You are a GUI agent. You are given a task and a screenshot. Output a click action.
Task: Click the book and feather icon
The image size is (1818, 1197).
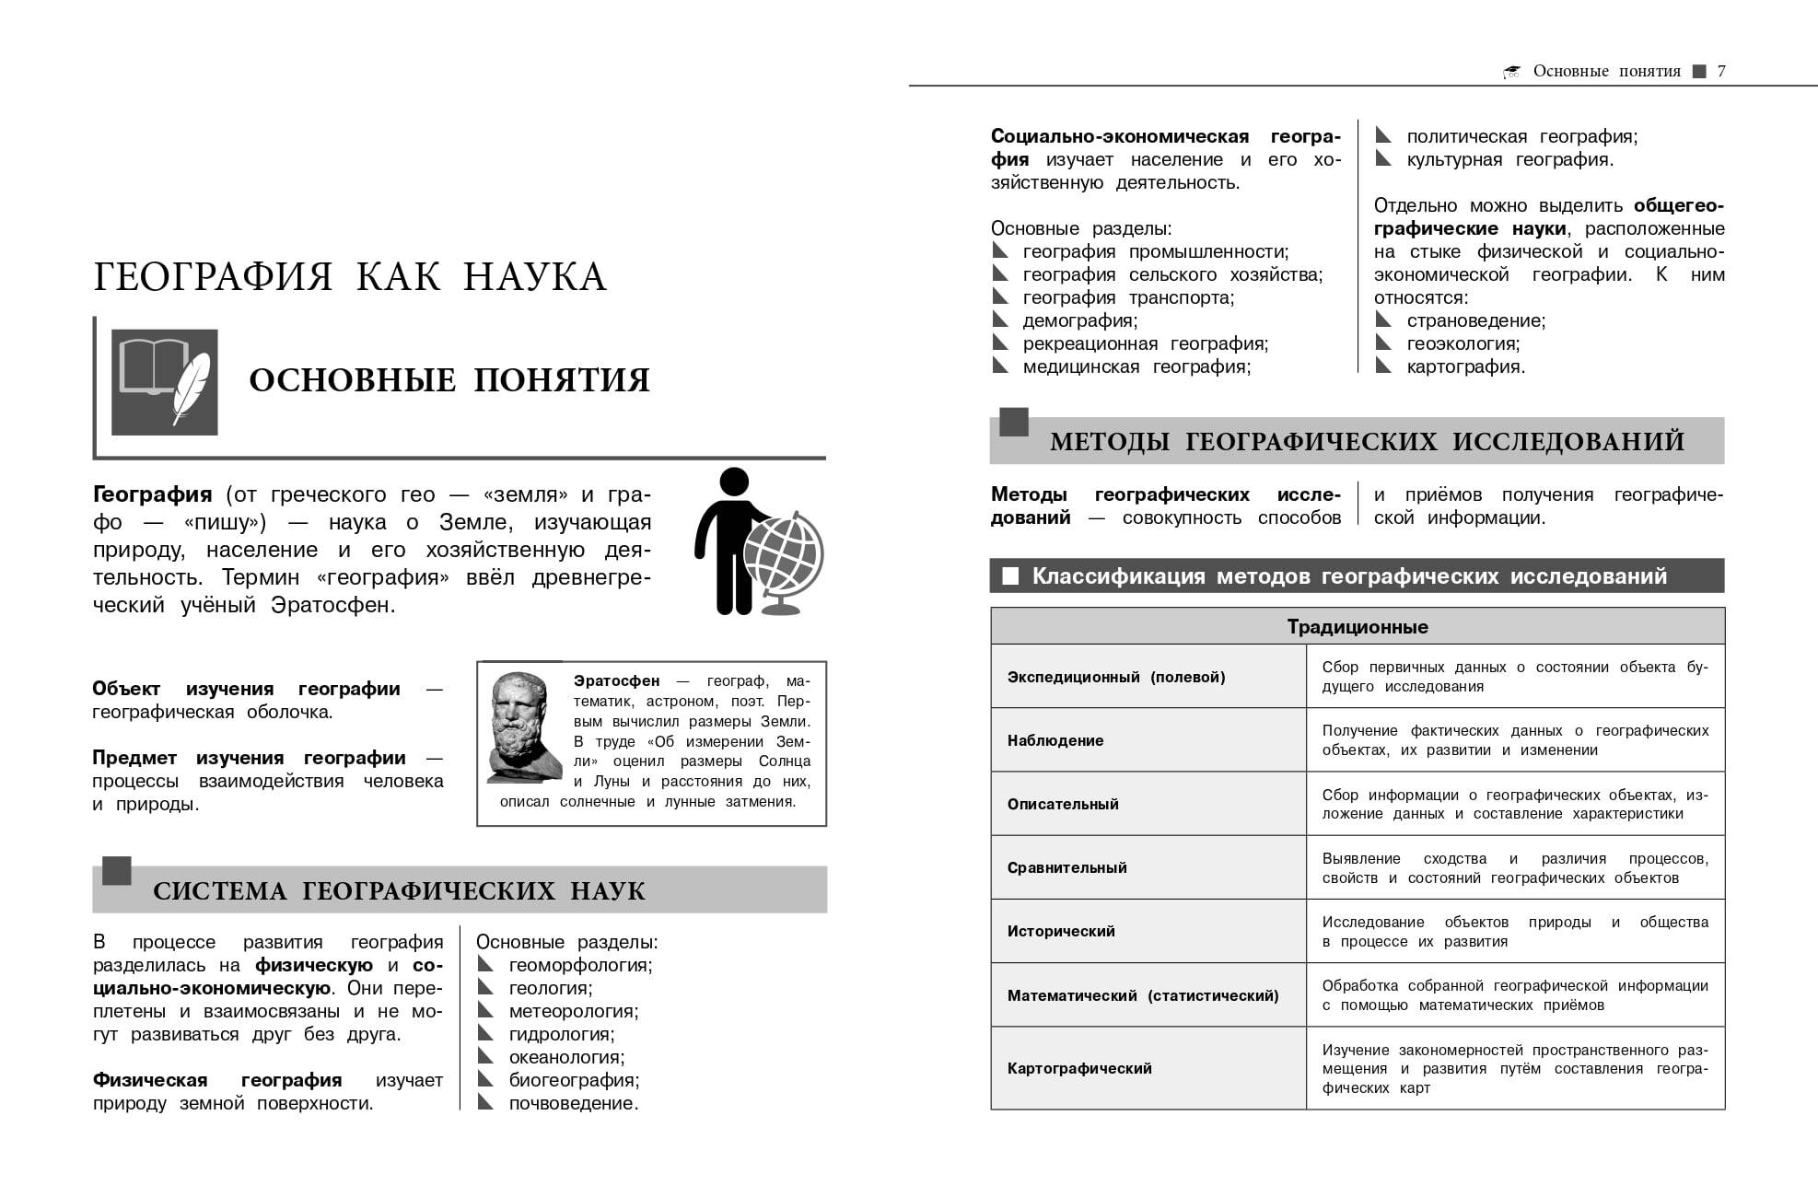click(x=165, y=382)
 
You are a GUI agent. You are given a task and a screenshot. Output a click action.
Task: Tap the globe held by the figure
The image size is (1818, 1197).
click(x=783, y=553)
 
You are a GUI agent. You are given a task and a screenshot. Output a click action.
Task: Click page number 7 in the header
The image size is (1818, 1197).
click(x=1721, y=71)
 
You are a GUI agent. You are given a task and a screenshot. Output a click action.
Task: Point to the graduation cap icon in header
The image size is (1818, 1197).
click(x=1511, y=72)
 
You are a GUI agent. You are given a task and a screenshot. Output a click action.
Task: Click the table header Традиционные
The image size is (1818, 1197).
click(x=1357, y=627)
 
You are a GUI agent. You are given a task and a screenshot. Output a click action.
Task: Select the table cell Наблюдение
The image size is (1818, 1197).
click(x=1055, y=740)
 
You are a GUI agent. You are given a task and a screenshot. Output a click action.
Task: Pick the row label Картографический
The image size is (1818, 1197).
click(x=1079, y=1068)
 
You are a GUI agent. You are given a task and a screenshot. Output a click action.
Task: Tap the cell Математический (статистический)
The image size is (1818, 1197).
click(x=1143, y=995)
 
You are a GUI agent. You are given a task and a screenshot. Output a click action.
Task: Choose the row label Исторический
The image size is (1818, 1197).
click(x=1061, y=931)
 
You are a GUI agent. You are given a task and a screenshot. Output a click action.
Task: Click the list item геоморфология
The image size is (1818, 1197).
click(x=580, y=965)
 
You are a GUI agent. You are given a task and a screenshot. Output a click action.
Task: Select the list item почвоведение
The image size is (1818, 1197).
click(x=573, y=1103)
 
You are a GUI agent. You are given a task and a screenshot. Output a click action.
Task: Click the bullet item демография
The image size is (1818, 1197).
click(x=1079, y=320)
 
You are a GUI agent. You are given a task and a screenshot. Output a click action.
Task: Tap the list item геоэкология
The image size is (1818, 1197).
click(x=1463, y=343)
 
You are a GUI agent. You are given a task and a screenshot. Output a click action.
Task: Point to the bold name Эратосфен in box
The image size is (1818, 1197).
click(x=616, y=680)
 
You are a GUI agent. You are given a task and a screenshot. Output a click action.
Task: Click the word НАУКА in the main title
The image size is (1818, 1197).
click(x=534, y=276)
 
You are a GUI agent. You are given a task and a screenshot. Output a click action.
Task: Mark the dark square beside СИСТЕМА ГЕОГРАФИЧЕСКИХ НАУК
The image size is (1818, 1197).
click(x=116, y=871)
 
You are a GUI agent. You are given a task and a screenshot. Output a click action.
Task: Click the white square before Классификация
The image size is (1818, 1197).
click(x=1010, y=576)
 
